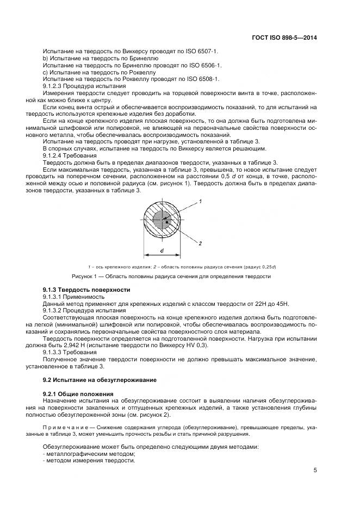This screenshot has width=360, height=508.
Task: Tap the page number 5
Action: pos(315,471)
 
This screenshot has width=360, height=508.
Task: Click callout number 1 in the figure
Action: pos(201,202)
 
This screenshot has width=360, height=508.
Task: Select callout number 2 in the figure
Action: pos(201,243)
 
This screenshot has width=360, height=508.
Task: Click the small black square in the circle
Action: pos(167,222)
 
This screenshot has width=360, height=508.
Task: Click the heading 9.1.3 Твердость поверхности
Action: pos(86,290)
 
